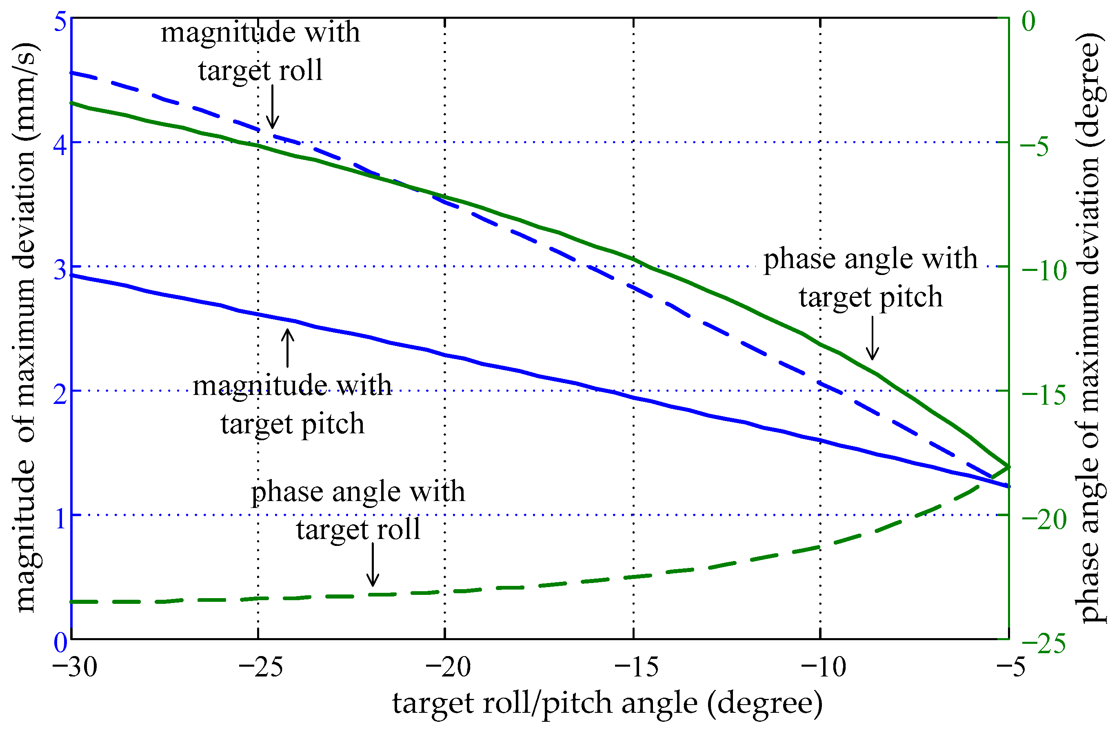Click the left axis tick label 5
60,22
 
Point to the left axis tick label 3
60,271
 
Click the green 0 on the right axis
1029,22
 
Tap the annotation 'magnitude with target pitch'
292,404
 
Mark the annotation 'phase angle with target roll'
358,510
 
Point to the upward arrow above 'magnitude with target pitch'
288,348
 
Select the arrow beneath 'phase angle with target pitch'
873,337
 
